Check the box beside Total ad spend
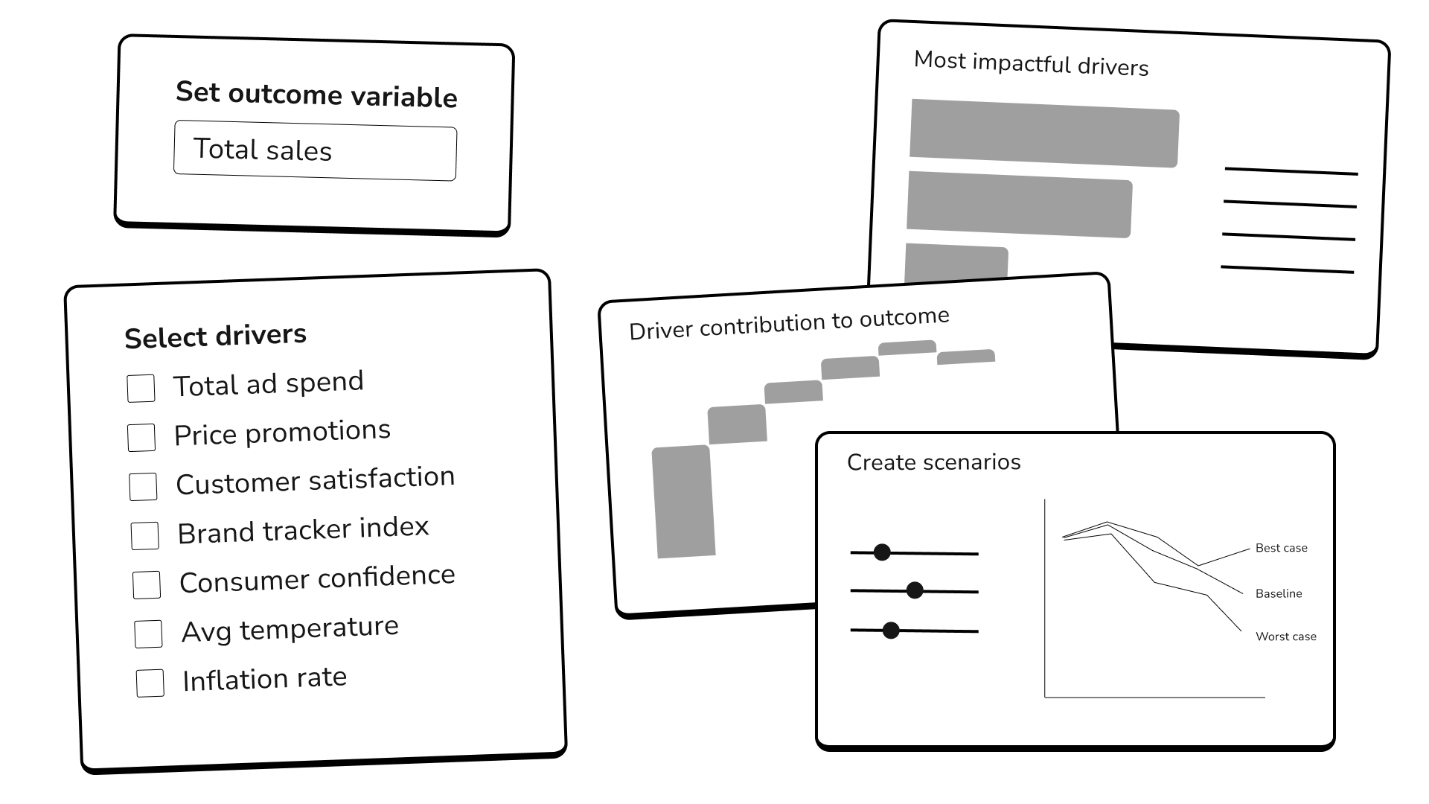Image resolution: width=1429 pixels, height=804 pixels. [141, 388]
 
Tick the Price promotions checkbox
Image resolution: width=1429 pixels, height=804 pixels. [141, 437]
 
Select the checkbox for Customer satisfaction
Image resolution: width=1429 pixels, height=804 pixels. [143, 486]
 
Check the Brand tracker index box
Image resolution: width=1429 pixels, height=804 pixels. [144, 535]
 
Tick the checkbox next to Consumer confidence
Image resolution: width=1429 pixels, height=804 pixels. [147, 584]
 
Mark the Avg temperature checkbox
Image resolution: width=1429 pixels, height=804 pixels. [148, 634]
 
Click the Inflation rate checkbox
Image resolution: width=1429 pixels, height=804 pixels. [150, 683]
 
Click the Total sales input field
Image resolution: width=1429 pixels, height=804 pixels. [315, 153]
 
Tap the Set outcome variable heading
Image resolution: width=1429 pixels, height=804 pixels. [316, 95]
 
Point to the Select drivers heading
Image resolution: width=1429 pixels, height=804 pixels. [215, 336]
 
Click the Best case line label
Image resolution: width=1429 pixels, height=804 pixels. [1281, 548]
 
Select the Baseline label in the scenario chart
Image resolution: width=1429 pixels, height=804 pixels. [1278, 593]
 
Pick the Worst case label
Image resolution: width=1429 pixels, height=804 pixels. [1285, 636]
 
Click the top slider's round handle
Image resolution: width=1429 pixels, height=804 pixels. [882, 552]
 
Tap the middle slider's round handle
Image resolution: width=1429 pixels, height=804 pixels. [915, 590]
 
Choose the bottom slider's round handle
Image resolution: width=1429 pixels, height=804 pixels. [891, 631]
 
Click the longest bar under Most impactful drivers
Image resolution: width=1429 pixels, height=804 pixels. [1044, 133]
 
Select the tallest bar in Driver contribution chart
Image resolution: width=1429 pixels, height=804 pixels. [683, 501]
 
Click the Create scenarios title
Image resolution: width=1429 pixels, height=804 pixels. [933, 462]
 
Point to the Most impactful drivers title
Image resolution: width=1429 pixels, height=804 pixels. [1031, 64]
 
